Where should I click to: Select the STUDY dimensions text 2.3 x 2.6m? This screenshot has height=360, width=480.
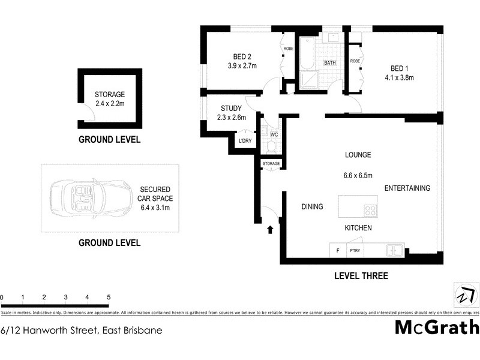(232, 118)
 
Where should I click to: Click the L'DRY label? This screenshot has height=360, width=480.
(245, 141)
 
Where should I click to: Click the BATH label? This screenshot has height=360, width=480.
(330, 63)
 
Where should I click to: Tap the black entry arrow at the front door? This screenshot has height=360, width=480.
(269, 229)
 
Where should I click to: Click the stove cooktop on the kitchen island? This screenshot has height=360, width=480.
(371, 211)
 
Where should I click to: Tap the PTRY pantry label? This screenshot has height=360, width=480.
(354, 251)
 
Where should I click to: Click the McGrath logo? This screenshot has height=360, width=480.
(437, 328)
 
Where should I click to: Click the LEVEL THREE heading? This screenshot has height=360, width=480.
(360, 276)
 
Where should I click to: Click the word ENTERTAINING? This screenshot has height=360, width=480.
(407, 188)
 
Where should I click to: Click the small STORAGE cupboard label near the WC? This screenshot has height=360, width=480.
(271, 163)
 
